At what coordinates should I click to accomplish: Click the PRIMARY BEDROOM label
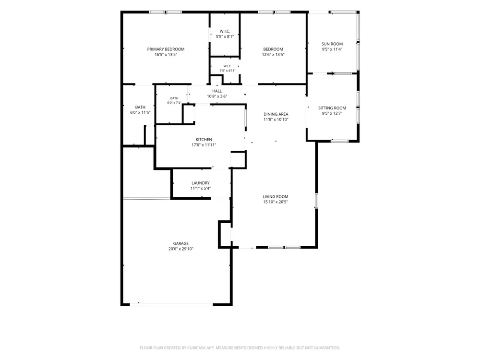coord(166,49)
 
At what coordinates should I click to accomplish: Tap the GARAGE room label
coord(180,244)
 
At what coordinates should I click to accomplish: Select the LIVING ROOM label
coord(275,197)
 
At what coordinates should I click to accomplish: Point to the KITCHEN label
coord(204,140)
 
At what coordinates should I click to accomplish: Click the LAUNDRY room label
coord(201,183)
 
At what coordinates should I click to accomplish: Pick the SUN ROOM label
coord(332,44)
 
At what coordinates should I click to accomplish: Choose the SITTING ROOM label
coord(332,108)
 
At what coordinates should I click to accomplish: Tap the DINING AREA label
coord(276,114)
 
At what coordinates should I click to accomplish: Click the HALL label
coord(217,91)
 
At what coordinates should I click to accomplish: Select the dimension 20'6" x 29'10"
coord(180,249)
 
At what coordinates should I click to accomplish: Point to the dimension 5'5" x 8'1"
coord(225,36)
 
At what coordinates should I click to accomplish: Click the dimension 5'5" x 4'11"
coord(228,71)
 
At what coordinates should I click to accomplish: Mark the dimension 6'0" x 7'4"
coord(174,103)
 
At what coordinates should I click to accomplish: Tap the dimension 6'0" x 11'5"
coord(140,113)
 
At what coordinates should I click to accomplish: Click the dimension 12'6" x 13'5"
coord(273,55)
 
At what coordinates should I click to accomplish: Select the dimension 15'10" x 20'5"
coord(275,202)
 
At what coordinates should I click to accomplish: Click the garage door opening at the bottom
coord(171,304)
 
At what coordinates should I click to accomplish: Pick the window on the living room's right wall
coord(316,201)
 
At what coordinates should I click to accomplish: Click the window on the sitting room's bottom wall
coord(339,141)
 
